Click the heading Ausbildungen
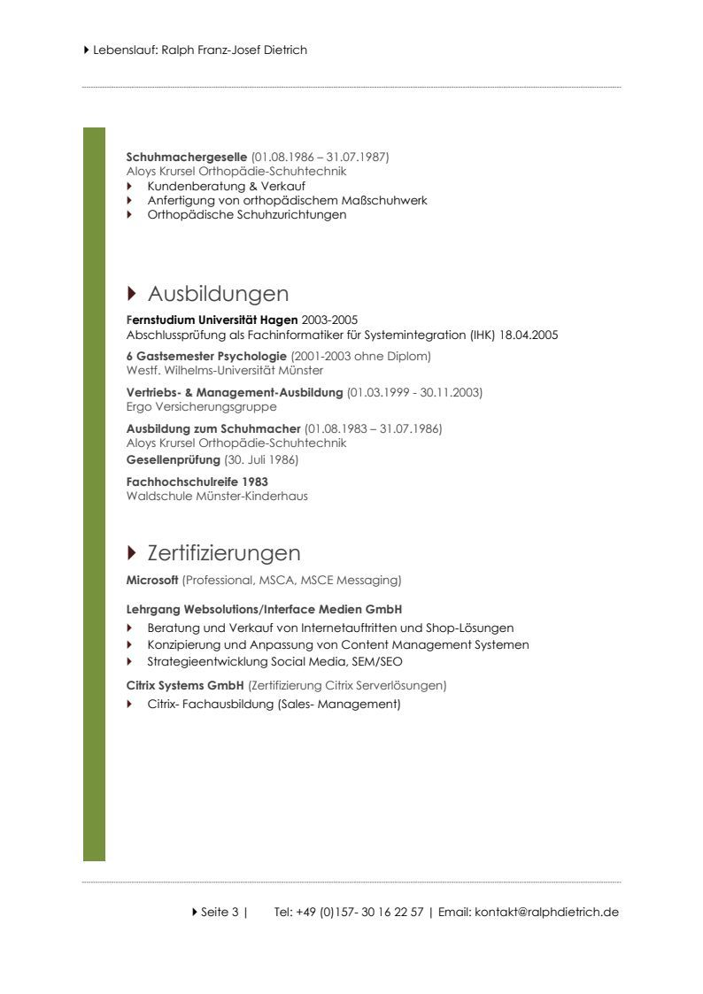pyautogui.click(x=218, y=294)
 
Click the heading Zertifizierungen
pyautogui.click(x=224, y=553)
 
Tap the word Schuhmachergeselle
pyautogui.click(x=187, y=158)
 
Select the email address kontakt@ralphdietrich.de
pyautogui.click(x=546, y=912)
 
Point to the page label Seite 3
pyautogui.click(x=220, y=912)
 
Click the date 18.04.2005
pyautogui.click(x=529, y=335)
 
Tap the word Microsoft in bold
pyautogui.click(x=152, y=581)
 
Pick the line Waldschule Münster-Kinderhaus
pyautogui.click(x=217, y=497)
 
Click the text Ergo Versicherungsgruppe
pyautogui.click(x=202, y=407)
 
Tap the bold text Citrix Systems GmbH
pyautogui.click(x=185, y=685)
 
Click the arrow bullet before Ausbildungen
pyautogui.click(x=132, y=293)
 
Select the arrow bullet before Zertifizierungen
pyautogui.click(x=132, y=553)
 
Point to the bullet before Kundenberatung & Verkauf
pyautogui.click(x=129, y=187)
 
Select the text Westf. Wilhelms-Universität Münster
pyautogui.click(x=225, y=371)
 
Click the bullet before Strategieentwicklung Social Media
pyautogui.click(x=129, y=661)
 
